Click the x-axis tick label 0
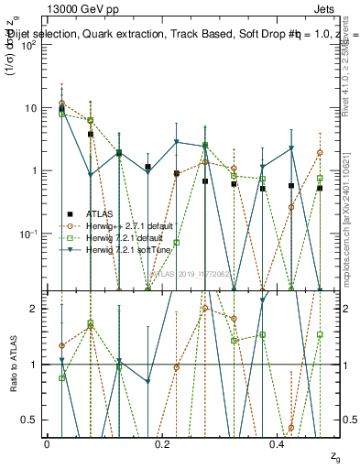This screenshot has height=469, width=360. tap(47, 444)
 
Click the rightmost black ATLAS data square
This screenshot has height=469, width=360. tap(320, 188)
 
